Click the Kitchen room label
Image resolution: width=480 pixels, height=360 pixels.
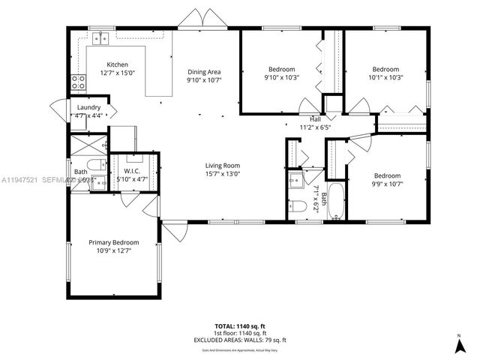pyautogui.click(x=117, y=64)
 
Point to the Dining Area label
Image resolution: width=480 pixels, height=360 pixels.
pyautogui.click(x=204, y=71)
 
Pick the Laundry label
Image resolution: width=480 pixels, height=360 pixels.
pyautogui.click(x=89, y=107)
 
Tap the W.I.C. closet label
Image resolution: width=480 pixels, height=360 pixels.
pyautogui.click(x=129, y=171)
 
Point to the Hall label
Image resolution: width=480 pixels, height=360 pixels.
pyautogui.click(x=316, y=119)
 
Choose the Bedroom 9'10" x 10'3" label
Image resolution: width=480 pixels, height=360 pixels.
pyautogui.click(x=281, y=69)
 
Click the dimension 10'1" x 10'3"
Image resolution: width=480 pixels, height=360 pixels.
pyautogui.click(x=386, y=77)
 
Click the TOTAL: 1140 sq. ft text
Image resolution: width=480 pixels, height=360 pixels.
pyautogui.click(x=240, y=326)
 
